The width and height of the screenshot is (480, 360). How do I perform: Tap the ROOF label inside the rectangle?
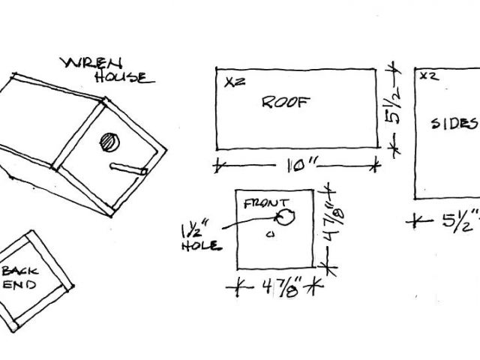[286, 103]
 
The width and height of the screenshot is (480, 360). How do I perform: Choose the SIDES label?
[454, 123]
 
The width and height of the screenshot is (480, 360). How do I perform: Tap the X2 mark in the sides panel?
[428, 76]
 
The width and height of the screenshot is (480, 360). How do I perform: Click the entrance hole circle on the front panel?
[285, 218]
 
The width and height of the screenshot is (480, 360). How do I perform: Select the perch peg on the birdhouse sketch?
[128, 169]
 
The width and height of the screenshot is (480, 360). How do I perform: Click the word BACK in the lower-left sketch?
[19, 271]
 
